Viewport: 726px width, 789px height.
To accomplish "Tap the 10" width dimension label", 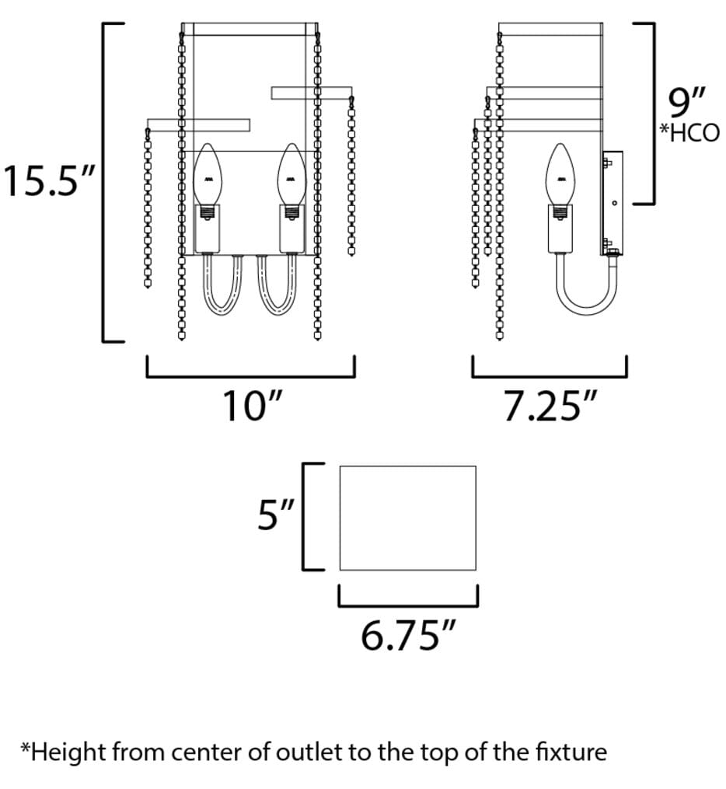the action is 251,406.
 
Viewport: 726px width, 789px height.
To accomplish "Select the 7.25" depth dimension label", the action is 550,406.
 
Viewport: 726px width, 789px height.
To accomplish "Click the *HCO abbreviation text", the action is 689,133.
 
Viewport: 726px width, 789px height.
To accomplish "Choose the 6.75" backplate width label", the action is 408,636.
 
